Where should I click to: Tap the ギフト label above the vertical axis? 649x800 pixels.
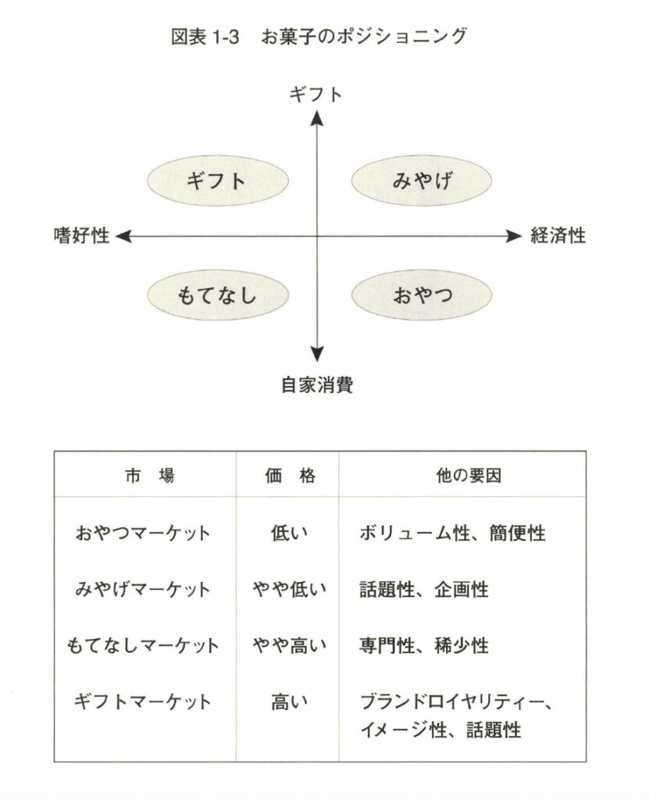pos(316,95)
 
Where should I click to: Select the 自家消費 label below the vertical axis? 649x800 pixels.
pos(317,384)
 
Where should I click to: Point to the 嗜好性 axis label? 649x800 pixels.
pos(81,236)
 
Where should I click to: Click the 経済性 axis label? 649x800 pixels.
pos(558,236)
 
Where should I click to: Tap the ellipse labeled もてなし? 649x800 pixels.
pos(216,295)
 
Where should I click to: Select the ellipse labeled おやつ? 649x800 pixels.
pos(422,295)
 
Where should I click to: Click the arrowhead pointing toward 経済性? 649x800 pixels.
pos(513,235)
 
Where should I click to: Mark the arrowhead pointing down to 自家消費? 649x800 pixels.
pos(316,353)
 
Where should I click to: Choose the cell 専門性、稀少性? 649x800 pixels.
pos(424,645)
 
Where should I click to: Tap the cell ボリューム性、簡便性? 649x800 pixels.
pos(452,534)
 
